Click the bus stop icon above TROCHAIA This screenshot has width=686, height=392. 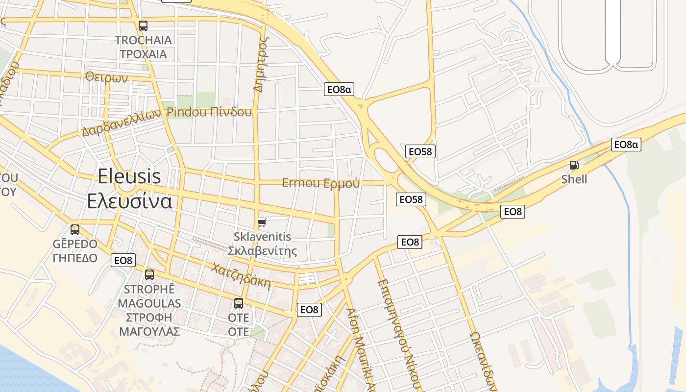(x=143, y=26)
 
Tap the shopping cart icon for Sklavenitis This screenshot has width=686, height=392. (x=262, y=223)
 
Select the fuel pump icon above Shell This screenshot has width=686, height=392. (x=574, y=166)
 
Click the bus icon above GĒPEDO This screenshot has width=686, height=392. (x=75, y=229)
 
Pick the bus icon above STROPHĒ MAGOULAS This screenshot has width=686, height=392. (x=149, y=275)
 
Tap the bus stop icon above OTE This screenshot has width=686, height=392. (x=239, y=303)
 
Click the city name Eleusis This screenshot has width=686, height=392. (x=129, y=176)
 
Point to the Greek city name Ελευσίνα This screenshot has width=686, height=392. (x=129, y=201)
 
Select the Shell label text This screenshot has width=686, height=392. (x=574, y=179)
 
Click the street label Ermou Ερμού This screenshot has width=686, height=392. (x=321, y=183)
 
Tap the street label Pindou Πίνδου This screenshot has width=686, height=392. (x=209, y=112)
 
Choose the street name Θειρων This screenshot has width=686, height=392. (x=106, y=77)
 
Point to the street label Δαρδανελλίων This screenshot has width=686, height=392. (x=122, y=122)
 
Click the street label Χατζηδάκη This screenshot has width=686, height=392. (x=241, y=276)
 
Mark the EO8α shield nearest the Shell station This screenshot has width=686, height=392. (x=626, y=144)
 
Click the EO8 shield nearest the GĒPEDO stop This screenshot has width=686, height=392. (x=123, y=260)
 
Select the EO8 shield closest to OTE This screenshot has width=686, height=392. (x=309, y=310)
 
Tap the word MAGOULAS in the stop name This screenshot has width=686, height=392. (x=149, y=303)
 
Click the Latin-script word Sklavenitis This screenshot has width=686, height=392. (x=262, y=237)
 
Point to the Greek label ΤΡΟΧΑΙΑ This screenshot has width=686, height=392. (x=144, y=54)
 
